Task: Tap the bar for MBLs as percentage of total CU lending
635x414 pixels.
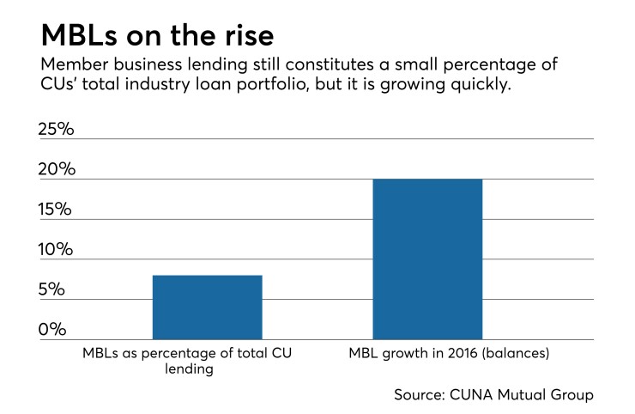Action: pos(207,307)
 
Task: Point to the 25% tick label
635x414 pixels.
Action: pos(57,130)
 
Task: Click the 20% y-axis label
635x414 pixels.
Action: pos(57,169)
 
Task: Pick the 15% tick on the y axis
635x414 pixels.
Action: pos(57,210)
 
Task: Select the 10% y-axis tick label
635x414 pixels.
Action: pos(57,249)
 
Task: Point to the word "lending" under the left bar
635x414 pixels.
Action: pos(190,370)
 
